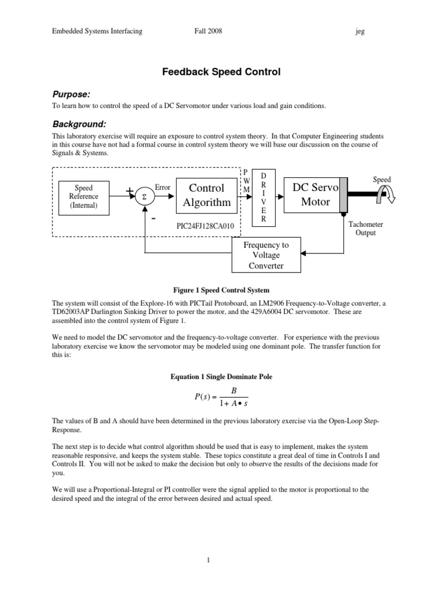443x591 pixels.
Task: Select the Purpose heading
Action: point(72,94)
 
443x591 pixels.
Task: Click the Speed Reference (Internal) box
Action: point(84,196)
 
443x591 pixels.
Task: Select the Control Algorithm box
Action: point(207,195)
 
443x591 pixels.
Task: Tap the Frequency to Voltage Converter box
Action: point(265,256)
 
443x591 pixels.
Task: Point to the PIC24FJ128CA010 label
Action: point(205,226)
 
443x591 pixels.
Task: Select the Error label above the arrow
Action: point(163,188)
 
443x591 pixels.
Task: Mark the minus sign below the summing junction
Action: point(154,219)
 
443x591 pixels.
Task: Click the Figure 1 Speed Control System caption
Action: point(221,290)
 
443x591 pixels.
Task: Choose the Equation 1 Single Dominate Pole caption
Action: point(221,376)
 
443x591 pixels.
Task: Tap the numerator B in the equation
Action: point(234,391)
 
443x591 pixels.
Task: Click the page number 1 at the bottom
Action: point(221,559)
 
